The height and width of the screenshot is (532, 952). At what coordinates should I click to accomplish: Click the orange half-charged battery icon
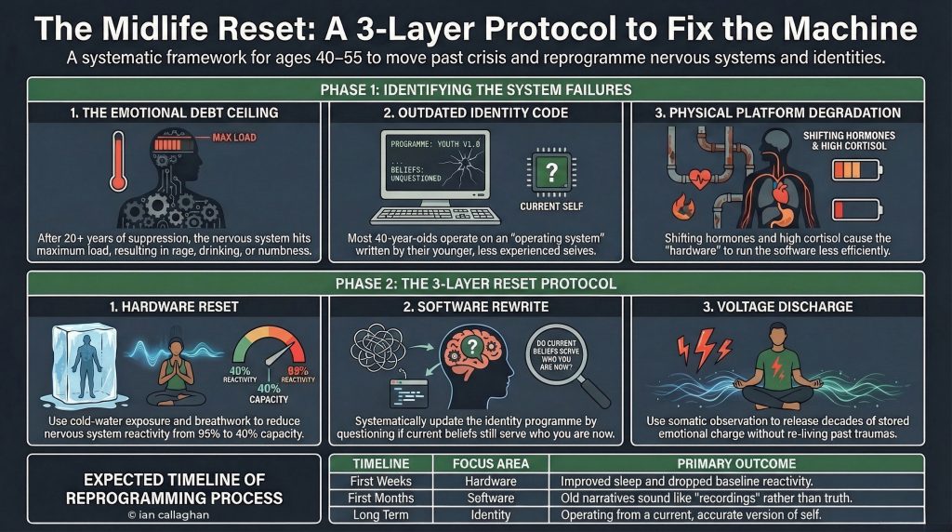coord(846,169)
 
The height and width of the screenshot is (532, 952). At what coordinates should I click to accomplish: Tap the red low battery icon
coord(846,208)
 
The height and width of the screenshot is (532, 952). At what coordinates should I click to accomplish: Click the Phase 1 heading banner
coord(475,90)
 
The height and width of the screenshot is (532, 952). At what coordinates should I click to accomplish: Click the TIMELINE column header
coord(381,463)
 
